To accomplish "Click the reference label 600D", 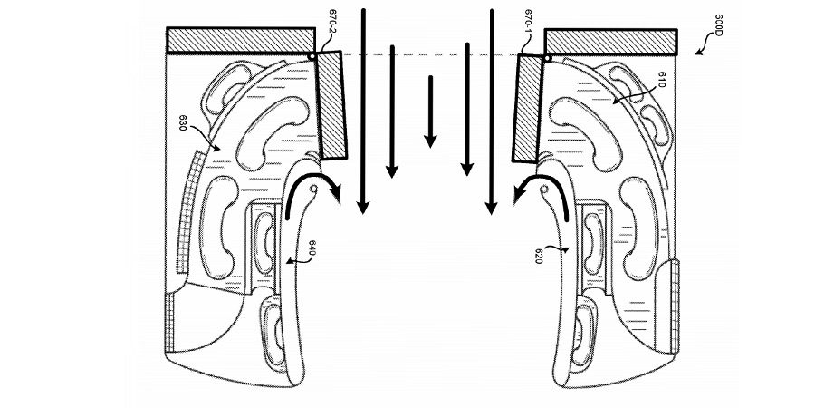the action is point(717,25).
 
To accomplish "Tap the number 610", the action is point(662,80).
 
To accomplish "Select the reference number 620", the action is point(539,255).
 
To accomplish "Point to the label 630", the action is point(183,122).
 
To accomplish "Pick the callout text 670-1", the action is point(528,23).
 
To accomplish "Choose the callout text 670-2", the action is point(333,23).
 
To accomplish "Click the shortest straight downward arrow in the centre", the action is point(430,112).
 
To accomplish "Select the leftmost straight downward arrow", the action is point(363,112).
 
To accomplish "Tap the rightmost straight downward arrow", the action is point(491,112).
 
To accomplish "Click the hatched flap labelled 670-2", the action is point(331,105).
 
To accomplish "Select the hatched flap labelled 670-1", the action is point(527,109).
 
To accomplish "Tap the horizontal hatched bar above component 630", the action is point(241,40).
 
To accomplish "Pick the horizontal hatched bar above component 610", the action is point(610,42).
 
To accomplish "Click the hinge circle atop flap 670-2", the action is point(312,55).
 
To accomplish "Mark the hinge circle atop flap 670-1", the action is point(547,59).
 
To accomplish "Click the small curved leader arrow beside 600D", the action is point(704,43).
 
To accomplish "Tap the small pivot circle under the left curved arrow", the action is point(314,188).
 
